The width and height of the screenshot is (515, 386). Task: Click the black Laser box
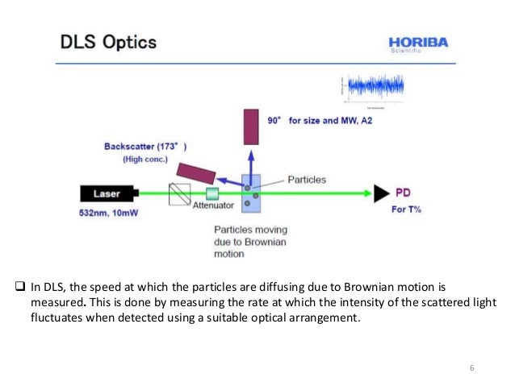(x=108, y=193)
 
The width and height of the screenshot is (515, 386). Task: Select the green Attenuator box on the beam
(x=212, y=193)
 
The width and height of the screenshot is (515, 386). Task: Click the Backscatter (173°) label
(x=145, y=147)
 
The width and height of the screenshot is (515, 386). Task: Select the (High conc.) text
(x=145, y=160)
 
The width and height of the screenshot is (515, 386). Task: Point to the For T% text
(x=407, y=210)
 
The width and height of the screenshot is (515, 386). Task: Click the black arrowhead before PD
(x=379, y=193)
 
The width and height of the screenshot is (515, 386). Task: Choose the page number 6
(x=472, y=368)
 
